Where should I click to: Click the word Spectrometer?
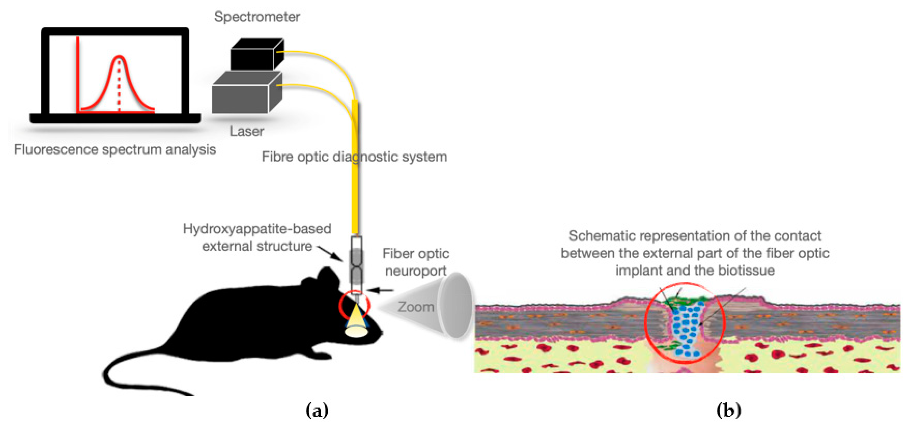point(257,16)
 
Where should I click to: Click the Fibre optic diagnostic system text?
point(354,157)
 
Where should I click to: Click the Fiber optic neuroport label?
point(416,262)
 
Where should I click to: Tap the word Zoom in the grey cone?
point(416,307)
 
